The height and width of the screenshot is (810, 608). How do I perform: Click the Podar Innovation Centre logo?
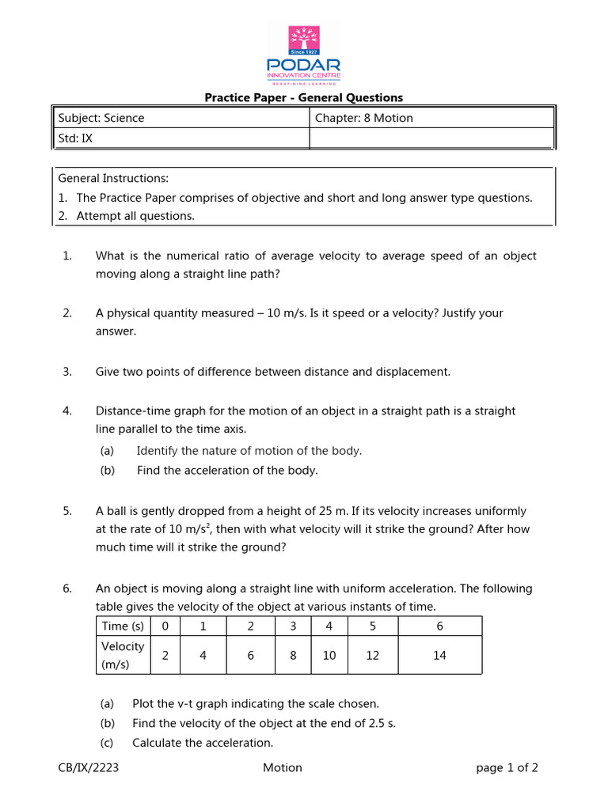pos(304,55)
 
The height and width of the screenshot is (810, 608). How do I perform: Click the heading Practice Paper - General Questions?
pos(304,98)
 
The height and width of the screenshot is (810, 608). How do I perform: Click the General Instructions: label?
pos(113,178)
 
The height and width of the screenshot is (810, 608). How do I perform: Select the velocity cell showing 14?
pos(440,655)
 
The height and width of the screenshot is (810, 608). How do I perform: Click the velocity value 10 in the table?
pos(329,655)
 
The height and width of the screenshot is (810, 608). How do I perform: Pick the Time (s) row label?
pos(123,626)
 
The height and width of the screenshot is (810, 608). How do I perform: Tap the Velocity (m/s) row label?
pos(123,655)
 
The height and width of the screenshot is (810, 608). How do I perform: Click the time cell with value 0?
pos(165,626)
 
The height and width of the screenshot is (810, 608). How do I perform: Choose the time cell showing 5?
pos(374,626)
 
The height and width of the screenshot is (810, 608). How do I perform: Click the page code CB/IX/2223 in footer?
pos(89,767)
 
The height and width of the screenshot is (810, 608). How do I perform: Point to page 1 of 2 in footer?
pos(507,767)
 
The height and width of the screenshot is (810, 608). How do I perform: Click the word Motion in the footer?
pos(283,767)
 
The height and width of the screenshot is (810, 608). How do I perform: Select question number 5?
pos(67,511)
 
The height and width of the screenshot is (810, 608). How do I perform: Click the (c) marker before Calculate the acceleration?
pos(107,743)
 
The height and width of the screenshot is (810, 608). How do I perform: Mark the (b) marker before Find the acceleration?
pos(107,471)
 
